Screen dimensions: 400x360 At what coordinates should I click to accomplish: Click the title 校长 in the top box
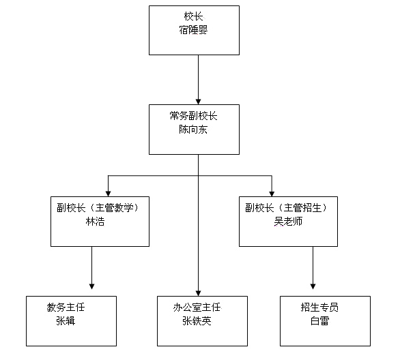click(x=193, y=16)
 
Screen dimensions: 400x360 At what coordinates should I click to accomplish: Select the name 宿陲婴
click(x=193, y=30)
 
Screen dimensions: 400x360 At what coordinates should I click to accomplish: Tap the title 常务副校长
click(x=193, y=116)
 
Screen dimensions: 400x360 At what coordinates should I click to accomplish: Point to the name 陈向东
click(x=193, y=130)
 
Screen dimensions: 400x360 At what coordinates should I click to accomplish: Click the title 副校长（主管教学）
click(x=98, y=208)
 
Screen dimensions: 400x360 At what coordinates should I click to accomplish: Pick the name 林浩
click(x=95, y=222)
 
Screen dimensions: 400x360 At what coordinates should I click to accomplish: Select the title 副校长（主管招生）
click(x=287, y=208)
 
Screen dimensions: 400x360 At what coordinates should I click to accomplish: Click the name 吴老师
click(x=288, y=222)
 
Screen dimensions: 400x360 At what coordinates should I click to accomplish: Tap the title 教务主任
click(x=66, y=307)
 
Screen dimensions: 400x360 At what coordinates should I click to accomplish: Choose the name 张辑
click(x=66, y=321)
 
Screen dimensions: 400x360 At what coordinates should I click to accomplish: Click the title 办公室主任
click(x=197, y=307)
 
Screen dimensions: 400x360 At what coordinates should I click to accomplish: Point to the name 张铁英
click(x=197, y=321)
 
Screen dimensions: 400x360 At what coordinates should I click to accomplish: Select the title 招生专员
click(x=319, y=307)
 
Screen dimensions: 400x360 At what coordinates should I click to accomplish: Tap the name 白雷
click(x=320, y=321)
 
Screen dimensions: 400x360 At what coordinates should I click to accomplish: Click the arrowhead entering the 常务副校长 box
click(x=198, y=102)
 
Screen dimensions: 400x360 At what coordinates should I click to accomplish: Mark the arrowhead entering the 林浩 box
click(x=108, y=194)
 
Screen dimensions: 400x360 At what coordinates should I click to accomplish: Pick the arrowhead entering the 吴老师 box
click(x=272, y=194)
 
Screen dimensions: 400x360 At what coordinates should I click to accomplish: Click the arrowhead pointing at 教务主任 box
click(x=92, y=286)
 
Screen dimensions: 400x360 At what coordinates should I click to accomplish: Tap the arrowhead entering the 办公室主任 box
click(x=198, y=293)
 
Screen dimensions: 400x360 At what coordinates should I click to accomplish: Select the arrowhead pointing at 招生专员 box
click(x=313, y=286)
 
